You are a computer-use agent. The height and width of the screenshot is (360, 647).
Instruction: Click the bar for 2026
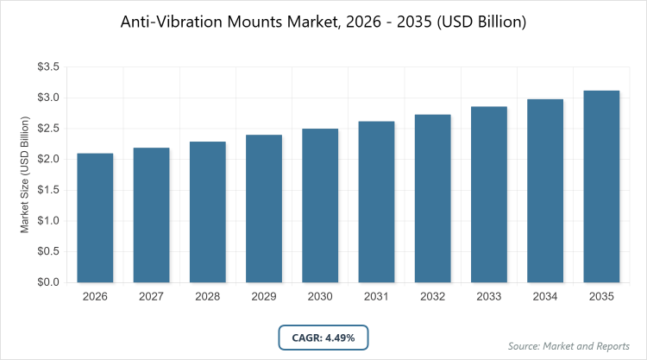click(x=95, y=218)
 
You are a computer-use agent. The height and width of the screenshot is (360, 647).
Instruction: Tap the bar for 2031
click(x=376, y=202)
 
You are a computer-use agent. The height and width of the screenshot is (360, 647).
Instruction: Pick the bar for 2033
click(x=489, y=194)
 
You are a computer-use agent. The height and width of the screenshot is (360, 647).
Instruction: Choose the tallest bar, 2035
click(x=601, y=186)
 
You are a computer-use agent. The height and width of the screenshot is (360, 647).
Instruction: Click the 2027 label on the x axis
click(x=151, y=298)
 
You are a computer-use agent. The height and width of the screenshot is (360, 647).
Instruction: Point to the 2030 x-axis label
click(x=320, y=298)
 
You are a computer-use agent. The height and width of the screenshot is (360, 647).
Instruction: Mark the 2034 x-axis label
click(x=545, y=298)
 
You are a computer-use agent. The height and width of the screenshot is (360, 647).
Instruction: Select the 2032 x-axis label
click(x=433, y=298)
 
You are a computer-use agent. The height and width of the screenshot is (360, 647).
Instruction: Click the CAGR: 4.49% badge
click(x=323, y=336)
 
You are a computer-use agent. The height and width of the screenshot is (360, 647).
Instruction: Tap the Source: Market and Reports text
click(x=569, y=346)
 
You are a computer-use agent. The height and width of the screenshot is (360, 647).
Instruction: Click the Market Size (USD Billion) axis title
click(x=25, y=175)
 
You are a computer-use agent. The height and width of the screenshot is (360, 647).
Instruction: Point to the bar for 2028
click(x=208, y=212)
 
